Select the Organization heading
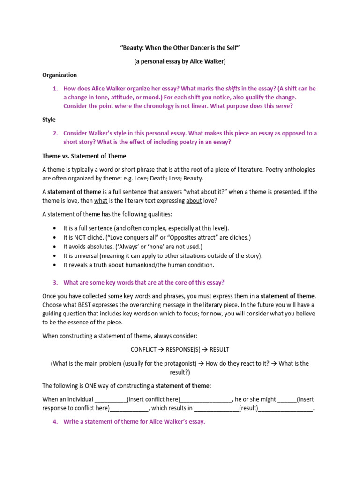[x=60, y=75]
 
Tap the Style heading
[x=49, y=120]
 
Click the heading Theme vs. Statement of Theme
[x=84, y=156]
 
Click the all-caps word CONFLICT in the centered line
[x=145, y=349]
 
